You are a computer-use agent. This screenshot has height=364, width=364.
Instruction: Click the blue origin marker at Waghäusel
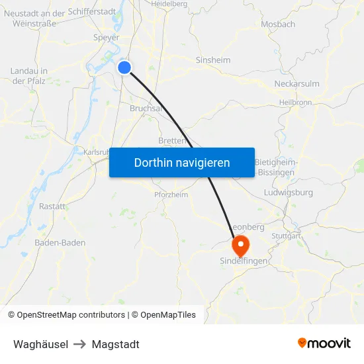(x=124, y=67)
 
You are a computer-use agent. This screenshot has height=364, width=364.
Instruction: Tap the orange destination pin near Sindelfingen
(x=240, y=246)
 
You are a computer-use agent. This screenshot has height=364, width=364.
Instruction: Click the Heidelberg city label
(x=169, y=4)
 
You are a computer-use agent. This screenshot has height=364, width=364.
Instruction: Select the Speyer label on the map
(x=106, y=38)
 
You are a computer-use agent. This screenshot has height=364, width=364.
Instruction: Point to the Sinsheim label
(x=212, y=60)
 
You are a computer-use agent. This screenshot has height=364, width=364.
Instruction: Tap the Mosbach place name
(x=278, y=24)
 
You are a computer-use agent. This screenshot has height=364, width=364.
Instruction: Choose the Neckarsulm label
(x=297, y=84)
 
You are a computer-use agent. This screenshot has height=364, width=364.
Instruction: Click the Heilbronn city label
(x=295, y=103)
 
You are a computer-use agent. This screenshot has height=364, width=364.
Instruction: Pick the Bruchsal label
(x=146, y=108)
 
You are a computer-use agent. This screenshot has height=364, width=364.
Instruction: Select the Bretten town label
(x=171, y=140)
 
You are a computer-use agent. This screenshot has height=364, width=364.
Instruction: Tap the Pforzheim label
(x=171, y=195)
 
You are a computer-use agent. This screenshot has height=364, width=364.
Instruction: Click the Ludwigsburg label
(x=288, y=193)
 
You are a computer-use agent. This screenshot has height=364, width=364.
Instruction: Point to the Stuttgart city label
(x=286, y=236)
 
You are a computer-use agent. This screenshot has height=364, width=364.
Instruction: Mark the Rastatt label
(x=52, y=206)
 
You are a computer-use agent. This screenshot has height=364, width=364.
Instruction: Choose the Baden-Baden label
(x=60, y=243)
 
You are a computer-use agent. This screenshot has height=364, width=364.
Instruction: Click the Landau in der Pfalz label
(x=28, y=76)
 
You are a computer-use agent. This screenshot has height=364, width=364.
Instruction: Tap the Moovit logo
(x=324, y=343)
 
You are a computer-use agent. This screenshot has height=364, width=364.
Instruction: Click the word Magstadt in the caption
(x=116, y=344)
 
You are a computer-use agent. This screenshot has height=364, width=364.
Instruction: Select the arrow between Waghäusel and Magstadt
(x=80, y=344)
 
